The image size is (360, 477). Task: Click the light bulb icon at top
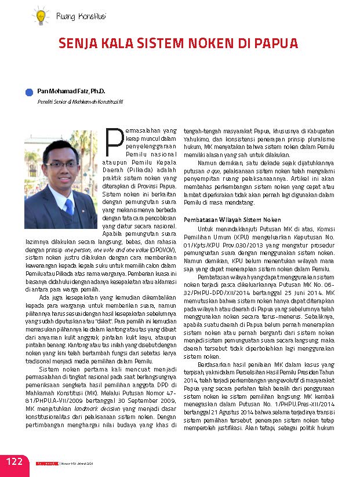[41, 15]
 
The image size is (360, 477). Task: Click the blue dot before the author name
[29, 92]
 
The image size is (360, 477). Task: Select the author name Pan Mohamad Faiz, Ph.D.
[67, 91]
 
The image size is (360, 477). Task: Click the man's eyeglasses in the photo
[61, 164]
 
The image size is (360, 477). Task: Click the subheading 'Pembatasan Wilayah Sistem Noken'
[232, 220]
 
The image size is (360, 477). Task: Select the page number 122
[14, 461]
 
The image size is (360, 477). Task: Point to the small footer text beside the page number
[72, 464]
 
